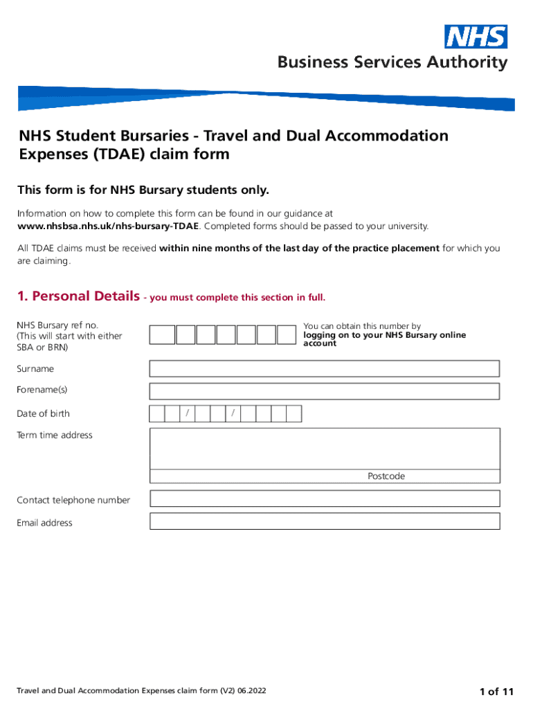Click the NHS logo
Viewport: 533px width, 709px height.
click(x=476, y=37)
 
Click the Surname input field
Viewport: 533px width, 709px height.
click(x=324, y=369)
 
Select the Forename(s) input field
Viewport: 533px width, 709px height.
click(x=324, y=391)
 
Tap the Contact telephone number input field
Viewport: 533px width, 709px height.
click(x=324, y=499)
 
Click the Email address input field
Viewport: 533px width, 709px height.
click(x=324, y=521)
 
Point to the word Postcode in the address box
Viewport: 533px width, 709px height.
click(x=386, y=476)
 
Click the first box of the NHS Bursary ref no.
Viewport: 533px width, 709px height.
click(x=163, y=335)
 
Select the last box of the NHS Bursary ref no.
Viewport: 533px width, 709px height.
click(x=287, y=335)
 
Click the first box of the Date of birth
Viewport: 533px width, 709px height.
click(x=157, y=414)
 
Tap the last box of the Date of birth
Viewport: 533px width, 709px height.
click(x=294, y=414)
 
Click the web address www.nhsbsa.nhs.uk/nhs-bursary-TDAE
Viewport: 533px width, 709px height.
click(x=108, y=226)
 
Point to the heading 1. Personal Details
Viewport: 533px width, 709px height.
click(x=77, y=296)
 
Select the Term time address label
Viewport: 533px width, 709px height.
click(x=55, y=435)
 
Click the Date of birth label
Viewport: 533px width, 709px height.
click(x=43, y=414)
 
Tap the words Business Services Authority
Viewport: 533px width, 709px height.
click(x=392, y=63)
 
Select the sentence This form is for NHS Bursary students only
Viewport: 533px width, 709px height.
click(x=143, y=190)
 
